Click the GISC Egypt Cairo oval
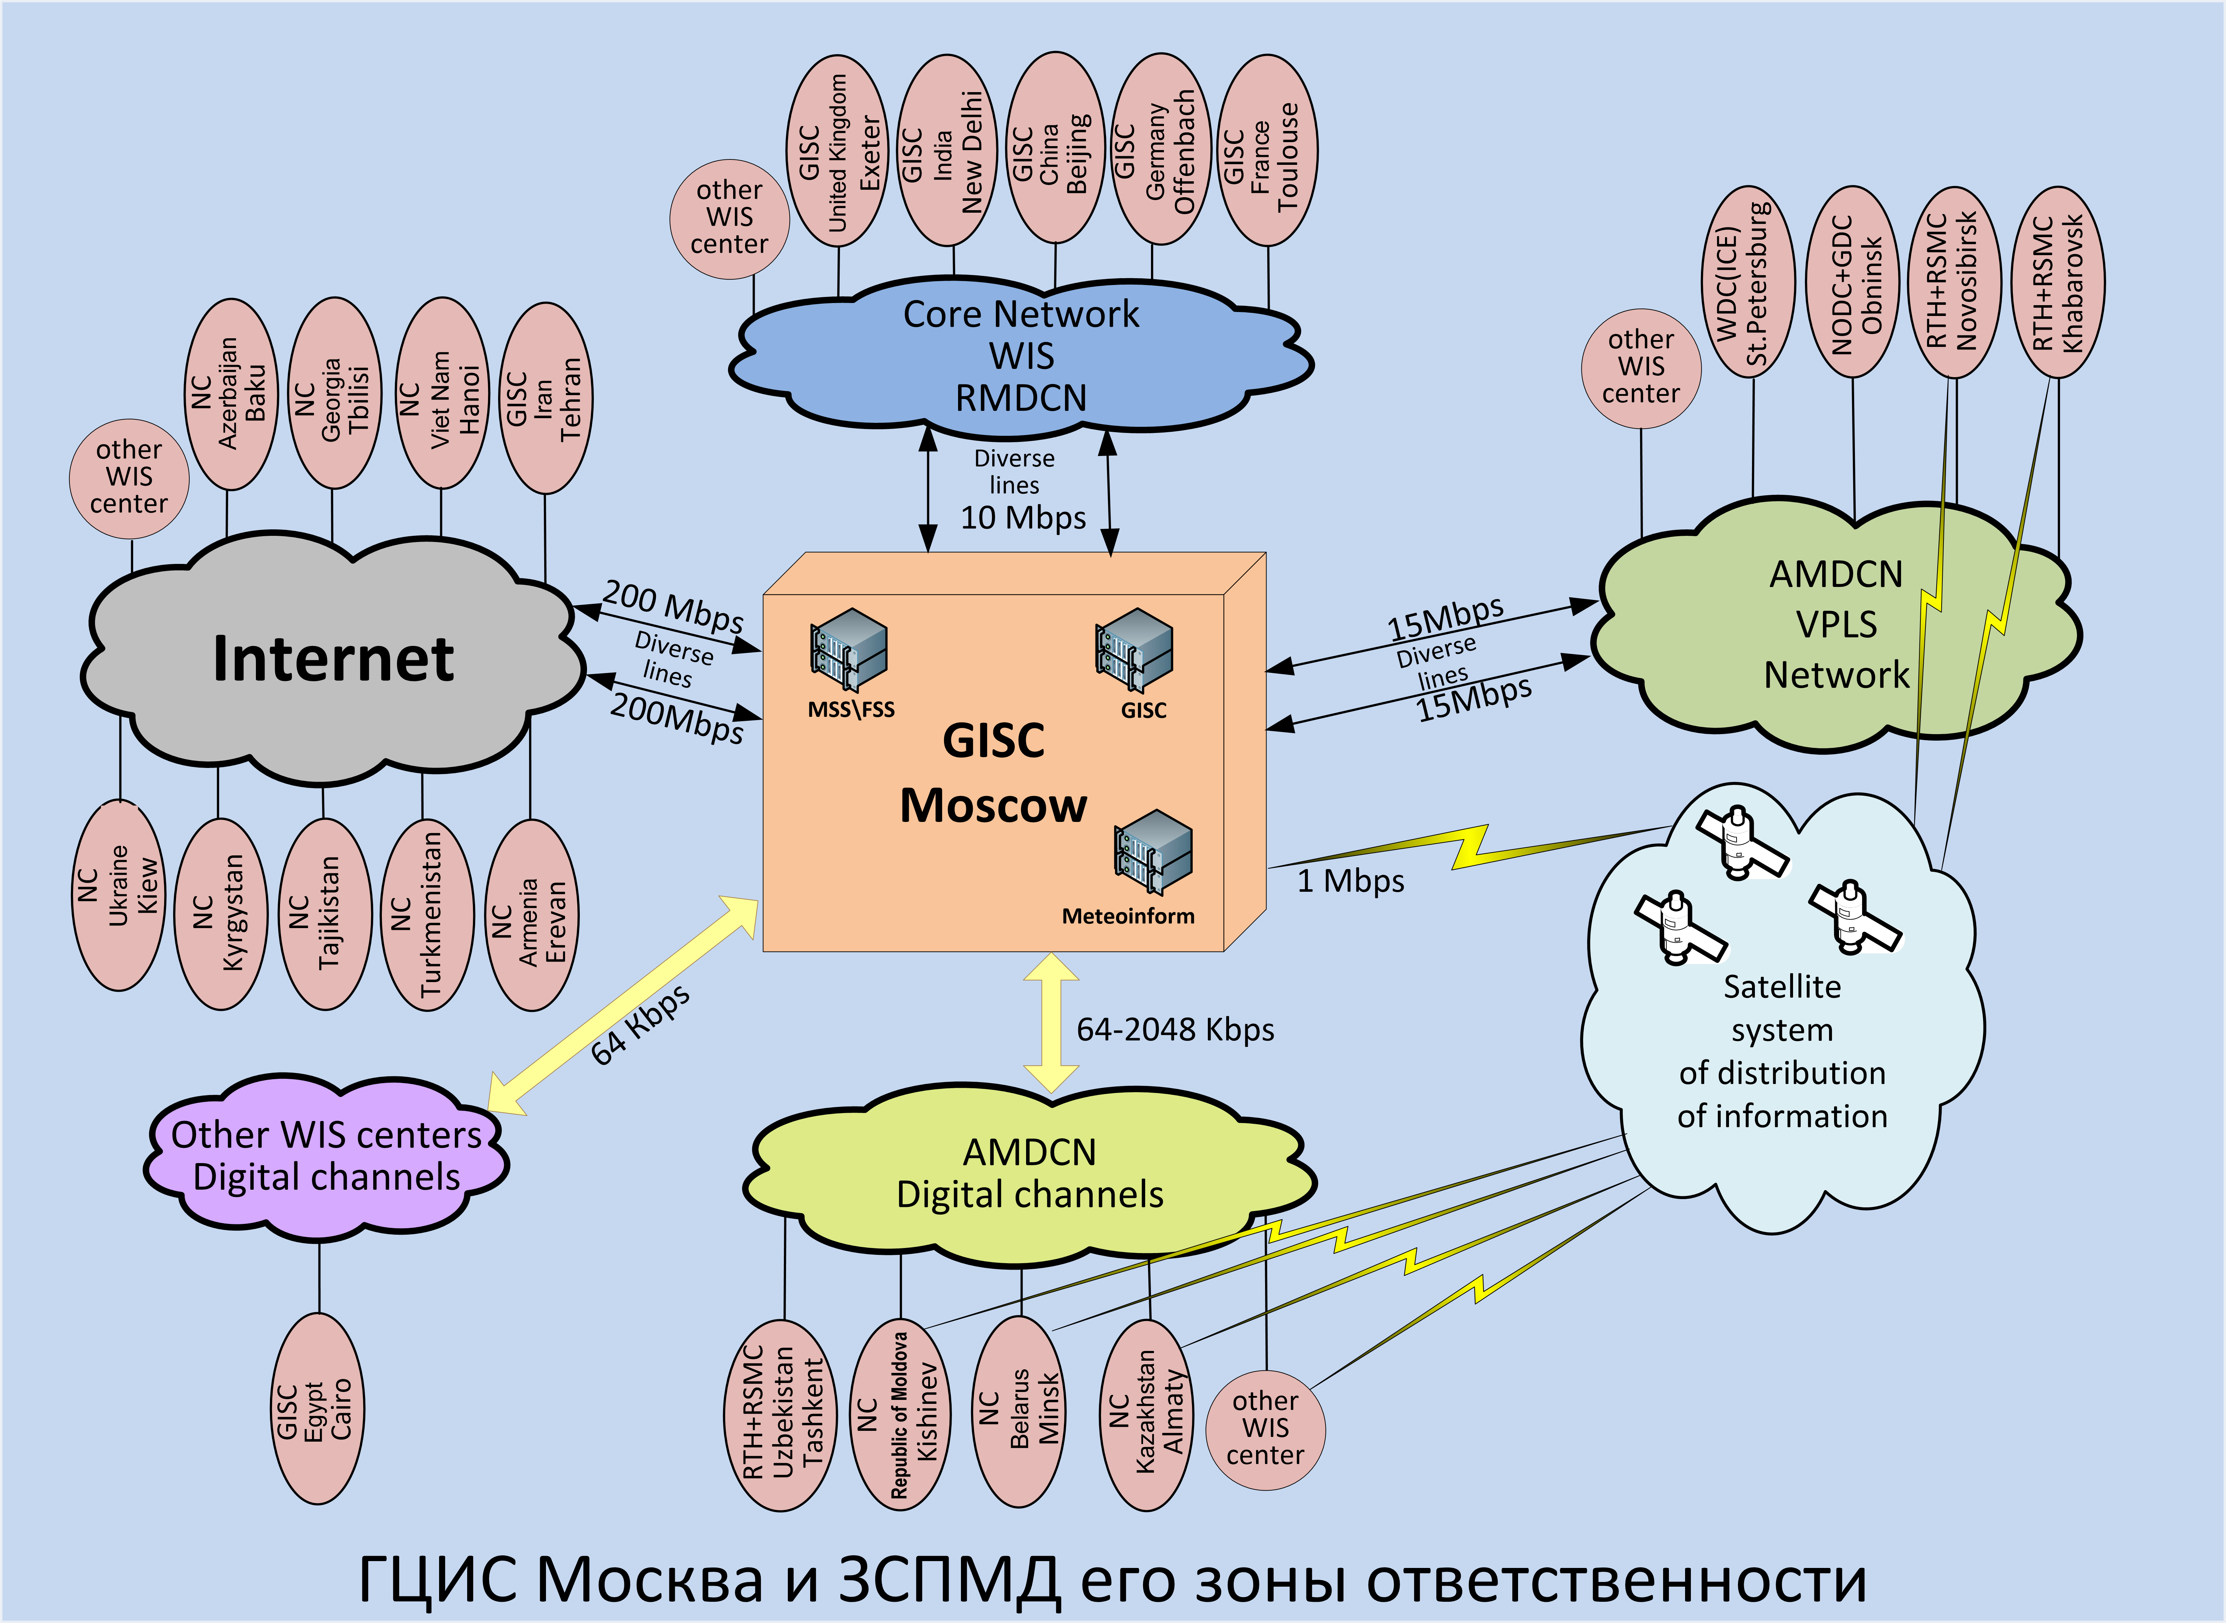point(317,1409)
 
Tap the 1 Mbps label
point(1351,880)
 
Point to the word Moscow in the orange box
point(993,806)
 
